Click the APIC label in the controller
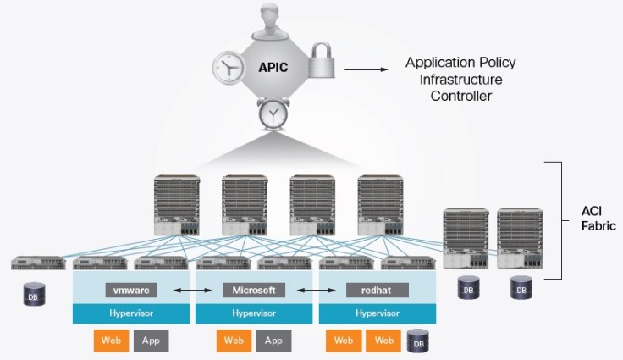262,64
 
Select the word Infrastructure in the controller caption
460,80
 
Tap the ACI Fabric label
593,219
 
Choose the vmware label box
131,290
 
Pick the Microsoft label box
255,290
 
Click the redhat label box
378,290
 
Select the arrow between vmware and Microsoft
193,290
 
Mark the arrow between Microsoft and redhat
317,290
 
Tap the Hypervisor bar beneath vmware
131,313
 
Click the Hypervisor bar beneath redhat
378,313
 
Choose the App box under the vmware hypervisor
151,341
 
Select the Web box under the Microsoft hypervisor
234,341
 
